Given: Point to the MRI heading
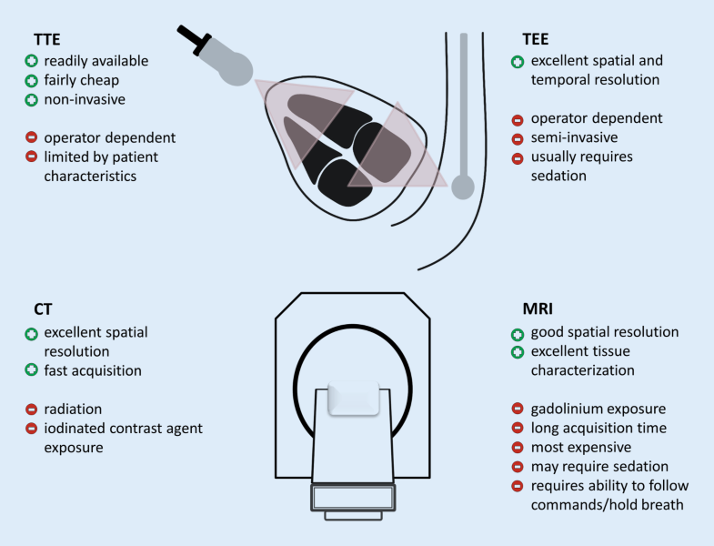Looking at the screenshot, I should point(531,309).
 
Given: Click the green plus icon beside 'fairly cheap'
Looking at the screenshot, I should point(30,80).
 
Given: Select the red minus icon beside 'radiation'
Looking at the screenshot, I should point(30,409).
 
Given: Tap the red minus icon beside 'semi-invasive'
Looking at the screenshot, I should point(517,137).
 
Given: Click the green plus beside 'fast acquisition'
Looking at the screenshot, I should point(30,369).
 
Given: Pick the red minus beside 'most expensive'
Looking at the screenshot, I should point(517,447).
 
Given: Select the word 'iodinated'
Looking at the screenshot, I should point(77,428).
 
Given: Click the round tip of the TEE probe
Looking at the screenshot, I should point(463,188).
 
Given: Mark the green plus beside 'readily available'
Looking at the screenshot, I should point(30,61).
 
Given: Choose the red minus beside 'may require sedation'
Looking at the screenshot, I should point(517,466).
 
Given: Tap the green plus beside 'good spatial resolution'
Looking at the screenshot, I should point(517,331).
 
